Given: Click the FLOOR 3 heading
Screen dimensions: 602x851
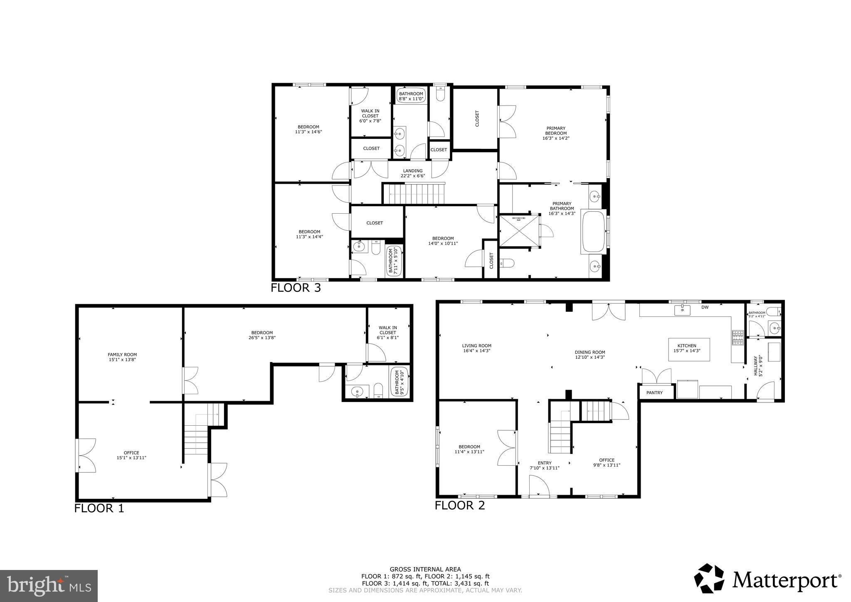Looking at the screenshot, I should [296, 288].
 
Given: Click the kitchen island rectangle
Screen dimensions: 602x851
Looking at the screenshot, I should [689, 350].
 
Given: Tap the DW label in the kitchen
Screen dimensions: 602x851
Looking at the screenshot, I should [705, 308].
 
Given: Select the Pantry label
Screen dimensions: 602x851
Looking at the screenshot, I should [654, 392].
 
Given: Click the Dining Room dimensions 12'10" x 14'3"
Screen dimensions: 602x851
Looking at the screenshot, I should [590, 357].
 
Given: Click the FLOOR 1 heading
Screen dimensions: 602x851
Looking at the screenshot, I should [99, 508].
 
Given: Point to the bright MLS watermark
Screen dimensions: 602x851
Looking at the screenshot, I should [49, 586].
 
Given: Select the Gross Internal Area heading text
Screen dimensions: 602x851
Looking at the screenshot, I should [425, 570].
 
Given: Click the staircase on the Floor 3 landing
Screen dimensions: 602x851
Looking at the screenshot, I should [414, 194].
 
